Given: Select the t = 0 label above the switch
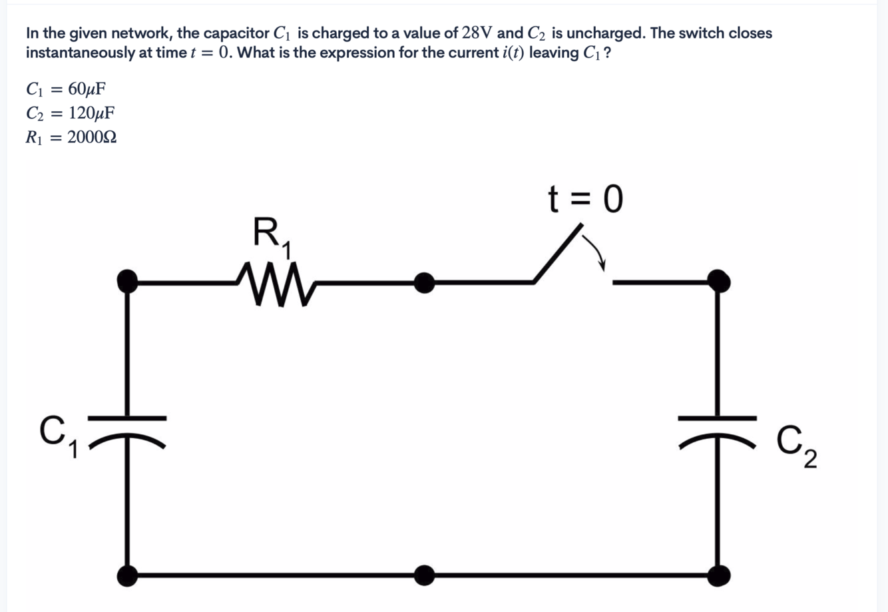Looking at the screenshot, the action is tap(585, 199).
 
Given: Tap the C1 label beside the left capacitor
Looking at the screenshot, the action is tap(57, 436).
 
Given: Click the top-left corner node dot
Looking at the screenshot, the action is tap(127, 282).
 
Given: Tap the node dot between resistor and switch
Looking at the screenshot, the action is tap(423, 283).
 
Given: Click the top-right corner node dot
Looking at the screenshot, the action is tap(718, 282).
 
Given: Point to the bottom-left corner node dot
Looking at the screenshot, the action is tap(127, 575).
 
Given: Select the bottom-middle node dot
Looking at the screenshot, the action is tap(423, 575).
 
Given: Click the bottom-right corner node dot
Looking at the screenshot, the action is tap(718, 575).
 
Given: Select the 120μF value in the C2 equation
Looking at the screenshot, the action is tap(91, 113).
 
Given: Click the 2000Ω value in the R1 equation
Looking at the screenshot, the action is tap(92, 137).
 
